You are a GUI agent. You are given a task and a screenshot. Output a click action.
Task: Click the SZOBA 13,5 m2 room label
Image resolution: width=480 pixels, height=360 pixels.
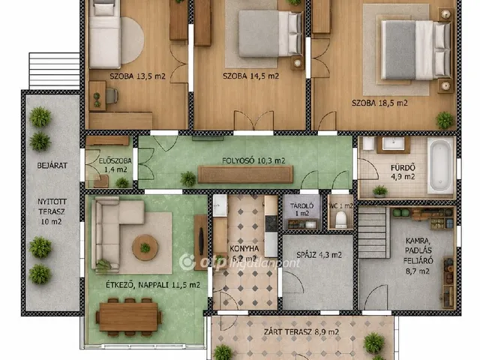[138, 76]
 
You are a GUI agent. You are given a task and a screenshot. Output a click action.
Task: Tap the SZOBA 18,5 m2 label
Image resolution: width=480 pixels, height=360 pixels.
[379, 103]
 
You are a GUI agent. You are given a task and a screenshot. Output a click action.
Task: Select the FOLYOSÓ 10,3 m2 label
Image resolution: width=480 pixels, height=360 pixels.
[253, 160]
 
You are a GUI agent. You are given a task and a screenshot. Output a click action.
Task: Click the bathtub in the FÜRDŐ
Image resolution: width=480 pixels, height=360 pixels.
[440, 165]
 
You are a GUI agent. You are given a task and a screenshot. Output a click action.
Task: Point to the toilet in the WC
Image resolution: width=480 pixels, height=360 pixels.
[340, 220]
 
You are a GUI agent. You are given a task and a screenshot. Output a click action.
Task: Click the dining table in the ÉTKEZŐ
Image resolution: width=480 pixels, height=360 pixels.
[128, 317]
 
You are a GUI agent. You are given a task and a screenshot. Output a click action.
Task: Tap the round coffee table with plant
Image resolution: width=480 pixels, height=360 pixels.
[145, 247]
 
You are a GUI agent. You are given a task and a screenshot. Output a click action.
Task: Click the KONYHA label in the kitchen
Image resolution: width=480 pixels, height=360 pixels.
[244, 248]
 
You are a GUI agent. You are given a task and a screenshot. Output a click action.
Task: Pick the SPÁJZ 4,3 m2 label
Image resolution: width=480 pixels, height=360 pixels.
[319, 255]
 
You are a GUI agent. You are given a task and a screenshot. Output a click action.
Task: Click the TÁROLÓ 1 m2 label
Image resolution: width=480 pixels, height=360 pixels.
[301, 210]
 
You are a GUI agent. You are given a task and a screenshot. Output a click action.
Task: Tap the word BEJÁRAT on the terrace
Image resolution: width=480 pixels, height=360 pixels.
[52, 166]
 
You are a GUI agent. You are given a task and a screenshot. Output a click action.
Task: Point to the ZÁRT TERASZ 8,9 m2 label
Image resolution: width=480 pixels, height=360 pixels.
[301, 331]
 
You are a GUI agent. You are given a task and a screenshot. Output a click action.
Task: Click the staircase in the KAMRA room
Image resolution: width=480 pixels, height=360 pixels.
[373, 232]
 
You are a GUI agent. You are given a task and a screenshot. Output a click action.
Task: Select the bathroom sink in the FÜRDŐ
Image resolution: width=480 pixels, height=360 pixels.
[393, 144]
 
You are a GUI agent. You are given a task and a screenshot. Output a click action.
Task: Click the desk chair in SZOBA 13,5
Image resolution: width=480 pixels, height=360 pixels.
[112, 96]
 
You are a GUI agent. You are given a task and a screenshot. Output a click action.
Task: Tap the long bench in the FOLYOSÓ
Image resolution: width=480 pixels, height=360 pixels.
[245, 175]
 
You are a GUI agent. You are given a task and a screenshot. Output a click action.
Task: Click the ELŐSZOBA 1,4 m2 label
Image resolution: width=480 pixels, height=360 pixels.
[115, 165]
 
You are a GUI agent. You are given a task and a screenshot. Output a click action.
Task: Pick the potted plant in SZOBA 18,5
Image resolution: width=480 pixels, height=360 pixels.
[445, 120]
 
